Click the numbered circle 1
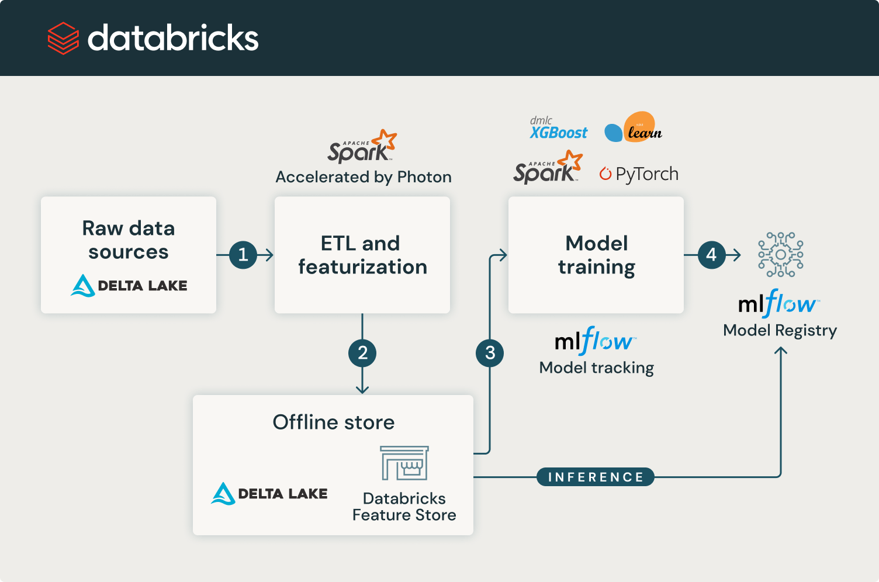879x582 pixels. click(x=243, y=255)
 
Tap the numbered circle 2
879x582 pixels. click(x=362, y=353)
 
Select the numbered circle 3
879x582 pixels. click(x=490, y=353)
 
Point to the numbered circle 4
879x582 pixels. click(x=711, y=255)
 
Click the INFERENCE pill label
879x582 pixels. click(x=595, y=477)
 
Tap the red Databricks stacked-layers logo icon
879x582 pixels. click(x=63, y=39)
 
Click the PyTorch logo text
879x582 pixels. click(x=639, y=174)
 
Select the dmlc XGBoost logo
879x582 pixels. click(x=558, y=129)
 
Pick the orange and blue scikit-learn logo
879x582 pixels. click(x=633, y=127)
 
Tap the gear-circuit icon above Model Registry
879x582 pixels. click(x=780, y=255)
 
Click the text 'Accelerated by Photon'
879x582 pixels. click(x=364, y=177)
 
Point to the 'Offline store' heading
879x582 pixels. click(x=334, y=422)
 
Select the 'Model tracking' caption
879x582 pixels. click(x=596, y=368)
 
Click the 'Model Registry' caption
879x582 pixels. click(x=780, y=330)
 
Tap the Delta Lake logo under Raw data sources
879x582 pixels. click(x=129, y=286)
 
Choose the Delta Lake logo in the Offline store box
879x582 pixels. click(x=269, y=494)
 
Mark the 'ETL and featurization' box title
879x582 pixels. click(x=362, y=255)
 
